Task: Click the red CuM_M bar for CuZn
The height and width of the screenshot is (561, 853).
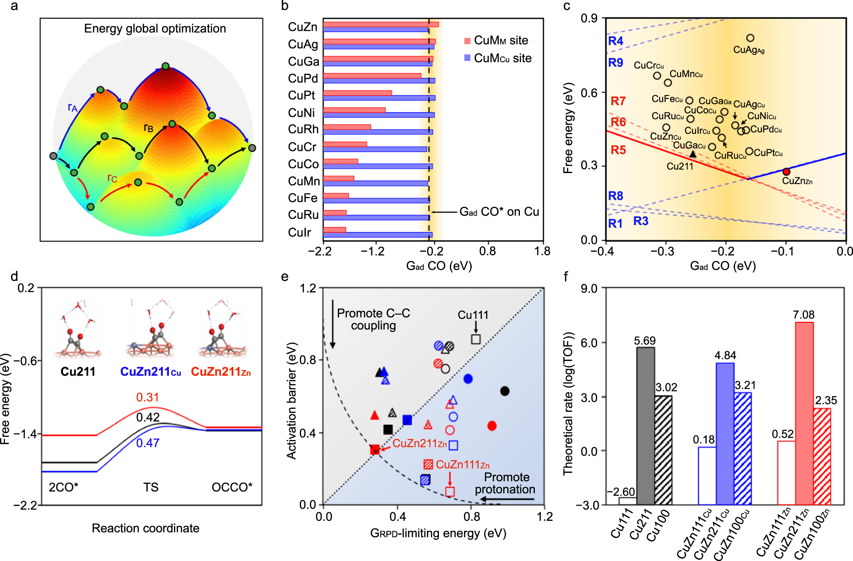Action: point(380,24)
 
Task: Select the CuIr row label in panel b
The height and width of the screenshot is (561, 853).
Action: point(299,232)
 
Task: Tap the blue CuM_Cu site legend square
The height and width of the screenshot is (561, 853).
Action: point(467,58)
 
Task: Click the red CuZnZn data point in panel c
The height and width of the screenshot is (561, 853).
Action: point(786,171)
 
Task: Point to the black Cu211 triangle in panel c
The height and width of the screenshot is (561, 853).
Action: point(693,154)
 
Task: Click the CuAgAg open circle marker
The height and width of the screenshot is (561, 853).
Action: point(750,38)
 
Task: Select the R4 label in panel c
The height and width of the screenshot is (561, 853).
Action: point(615,41)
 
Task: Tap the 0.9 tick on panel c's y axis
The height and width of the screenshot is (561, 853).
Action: point(589,18)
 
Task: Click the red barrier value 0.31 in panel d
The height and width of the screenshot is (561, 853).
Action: point(148,397)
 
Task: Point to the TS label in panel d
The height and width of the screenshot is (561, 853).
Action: point(151,487)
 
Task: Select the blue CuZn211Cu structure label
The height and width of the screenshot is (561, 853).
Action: point(151,372)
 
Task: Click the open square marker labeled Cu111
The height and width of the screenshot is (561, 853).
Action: point(476,339)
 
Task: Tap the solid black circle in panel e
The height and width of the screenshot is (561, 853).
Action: point(505,391)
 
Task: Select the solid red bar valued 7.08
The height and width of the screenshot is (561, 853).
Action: point(804,413)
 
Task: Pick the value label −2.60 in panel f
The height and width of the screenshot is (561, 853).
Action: point(621,492)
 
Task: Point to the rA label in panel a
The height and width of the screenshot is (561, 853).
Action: point(73,107)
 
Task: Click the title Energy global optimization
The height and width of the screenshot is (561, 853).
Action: point(155,29)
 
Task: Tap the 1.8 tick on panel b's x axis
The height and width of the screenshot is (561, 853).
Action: point(542,251)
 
